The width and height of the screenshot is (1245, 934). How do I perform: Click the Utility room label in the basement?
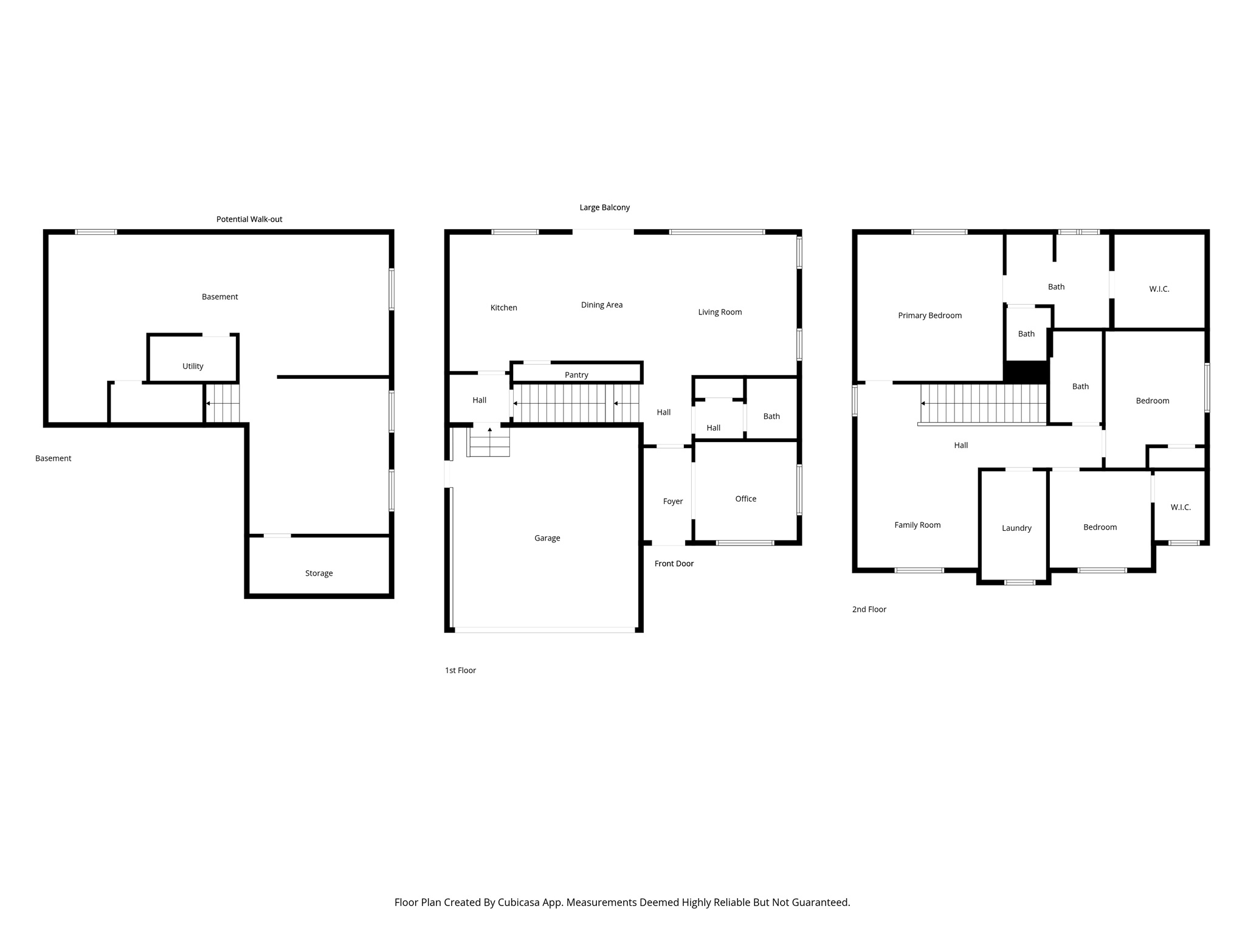coord(193,366)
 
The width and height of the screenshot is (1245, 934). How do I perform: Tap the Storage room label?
coord(319,573)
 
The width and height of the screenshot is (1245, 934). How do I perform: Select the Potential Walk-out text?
coord(249,220)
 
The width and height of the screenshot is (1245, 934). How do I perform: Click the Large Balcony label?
coord(604,207)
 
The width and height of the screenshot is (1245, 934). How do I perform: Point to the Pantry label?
coord(576,375)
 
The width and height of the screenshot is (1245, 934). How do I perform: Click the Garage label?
coord(547,538)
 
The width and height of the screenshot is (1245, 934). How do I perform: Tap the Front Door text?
coord(674,564)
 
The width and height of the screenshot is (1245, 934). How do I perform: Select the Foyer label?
coord(672,502)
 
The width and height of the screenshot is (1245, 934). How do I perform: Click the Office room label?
coord(745,499)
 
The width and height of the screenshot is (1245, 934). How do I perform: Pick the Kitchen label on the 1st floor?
coord(503,308)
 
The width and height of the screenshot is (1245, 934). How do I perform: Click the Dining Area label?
coord(601,305)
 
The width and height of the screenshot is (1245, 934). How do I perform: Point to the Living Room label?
coord(720,313)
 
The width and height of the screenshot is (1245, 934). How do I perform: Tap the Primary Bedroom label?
coord(929,316)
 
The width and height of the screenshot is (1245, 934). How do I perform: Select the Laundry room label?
coord(1016,528)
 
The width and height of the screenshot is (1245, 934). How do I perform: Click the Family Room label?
coord(917,525)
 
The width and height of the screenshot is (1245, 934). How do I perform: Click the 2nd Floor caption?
coord(869,609)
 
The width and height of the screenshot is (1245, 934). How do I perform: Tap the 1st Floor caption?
coord(460,671)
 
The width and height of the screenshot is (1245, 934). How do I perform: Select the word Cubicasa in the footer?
coord(520,902)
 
